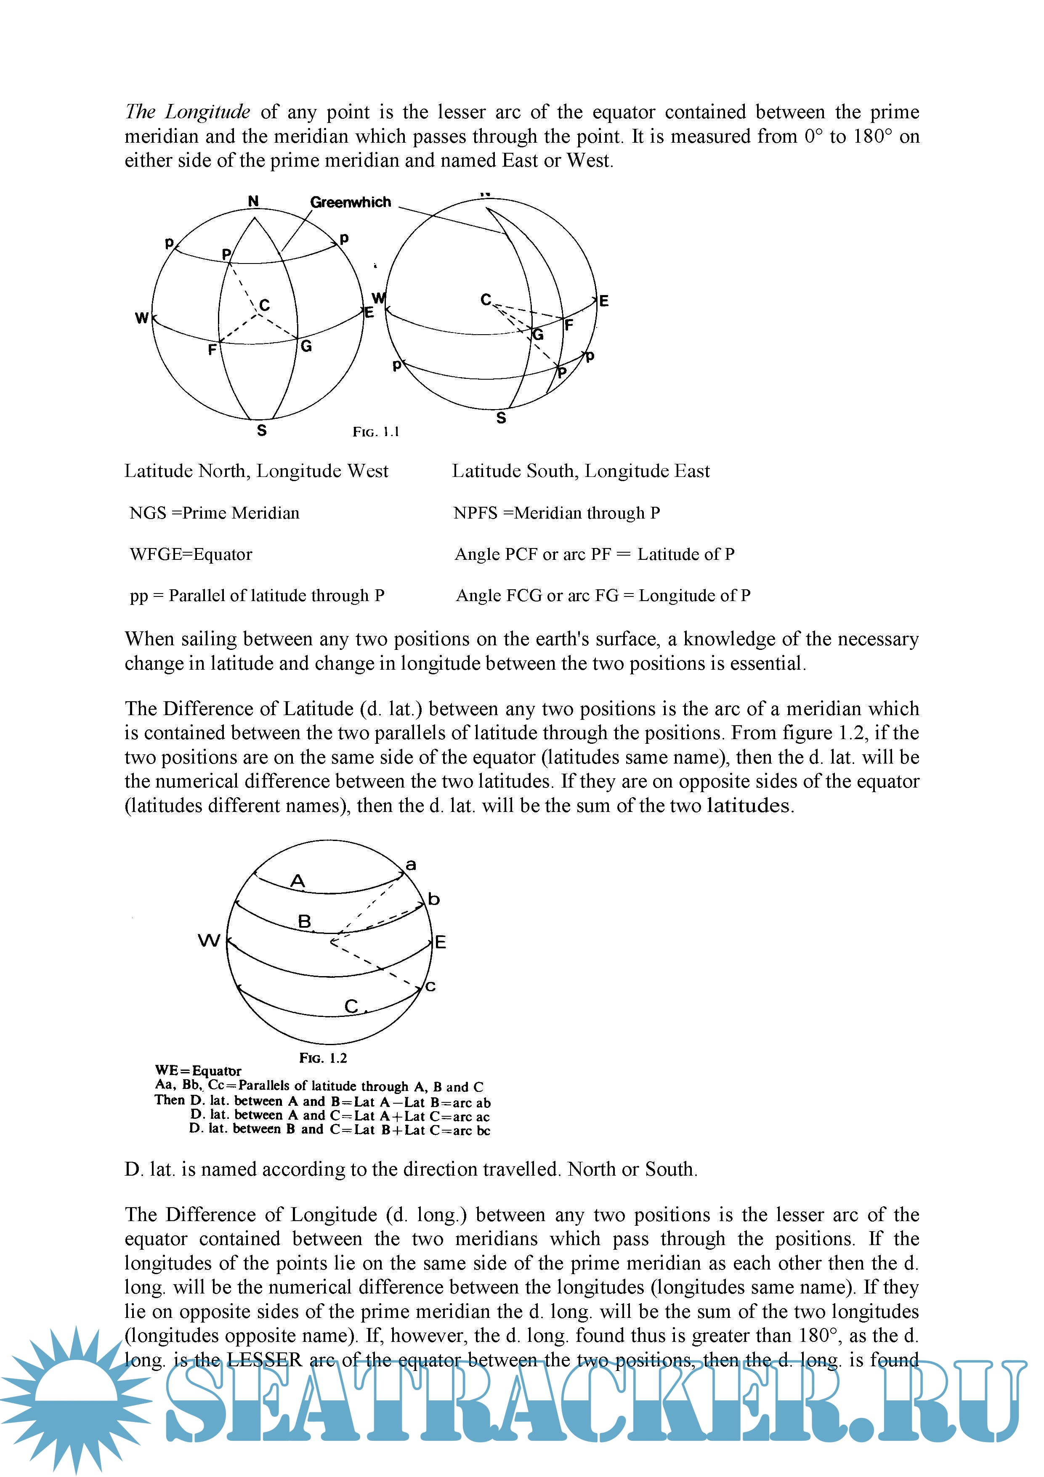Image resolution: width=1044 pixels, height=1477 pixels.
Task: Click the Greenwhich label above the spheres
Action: pyautogui.click(x=350, y=202)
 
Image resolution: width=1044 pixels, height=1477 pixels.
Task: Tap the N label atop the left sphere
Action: pyautogui.click(x=253, y=201)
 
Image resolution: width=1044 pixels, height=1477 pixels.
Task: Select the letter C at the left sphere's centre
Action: pyautogui.click(x=264, y=305)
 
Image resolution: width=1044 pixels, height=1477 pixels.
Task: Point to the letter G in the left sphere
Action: pyautogui.click(x=306, y=346)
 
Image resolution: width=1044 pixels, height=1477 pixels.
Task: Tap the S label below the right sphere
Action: pyautogui.click(x=501, y=418)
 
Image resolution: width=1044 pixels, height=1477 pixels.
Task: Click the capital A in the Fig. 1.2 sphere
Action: pyautogui.click(x=297, y=881)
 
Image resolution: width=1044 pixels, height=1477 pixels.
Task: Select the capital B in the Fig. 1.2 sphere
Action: pyautogui.click(x=304, y=922)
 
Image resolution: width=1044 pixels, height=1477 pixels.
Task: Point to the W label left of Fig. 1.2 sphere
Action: pyautogui.click(x=209, y=941)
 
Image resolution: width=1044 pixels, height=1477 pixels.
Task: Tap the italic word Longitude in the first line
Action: pyautogui.click(x=207, y=112)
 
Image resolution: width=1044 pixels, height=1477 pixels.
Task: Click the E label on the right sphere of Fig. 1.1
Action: pyautogui.click(x=603, y=301)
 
